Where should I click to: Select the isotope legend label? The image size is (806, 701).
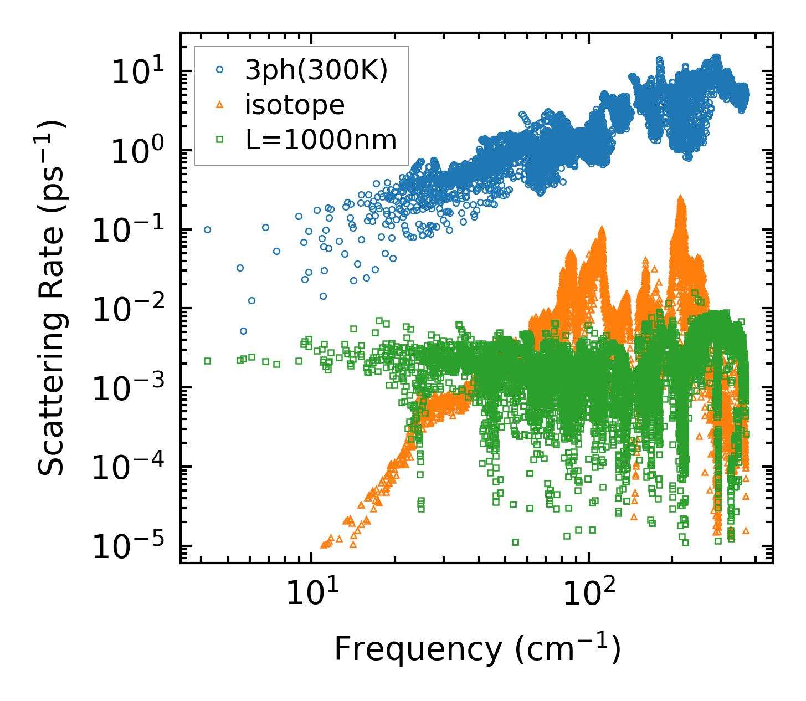click(x=295, y=105)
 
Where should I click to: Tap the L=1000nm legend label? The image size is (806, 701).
click(x=321, y=140)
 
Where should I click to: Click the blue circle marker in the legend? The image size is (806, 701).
click(x=220, y=70)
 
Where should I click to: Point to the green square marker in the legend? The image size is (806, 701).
click(x=220, y=140)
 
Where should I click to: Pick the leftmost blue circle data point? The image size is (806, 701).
click(x=207, y=229)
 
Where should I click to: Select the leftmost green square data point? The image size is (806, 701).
click(x=207, y=361)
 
